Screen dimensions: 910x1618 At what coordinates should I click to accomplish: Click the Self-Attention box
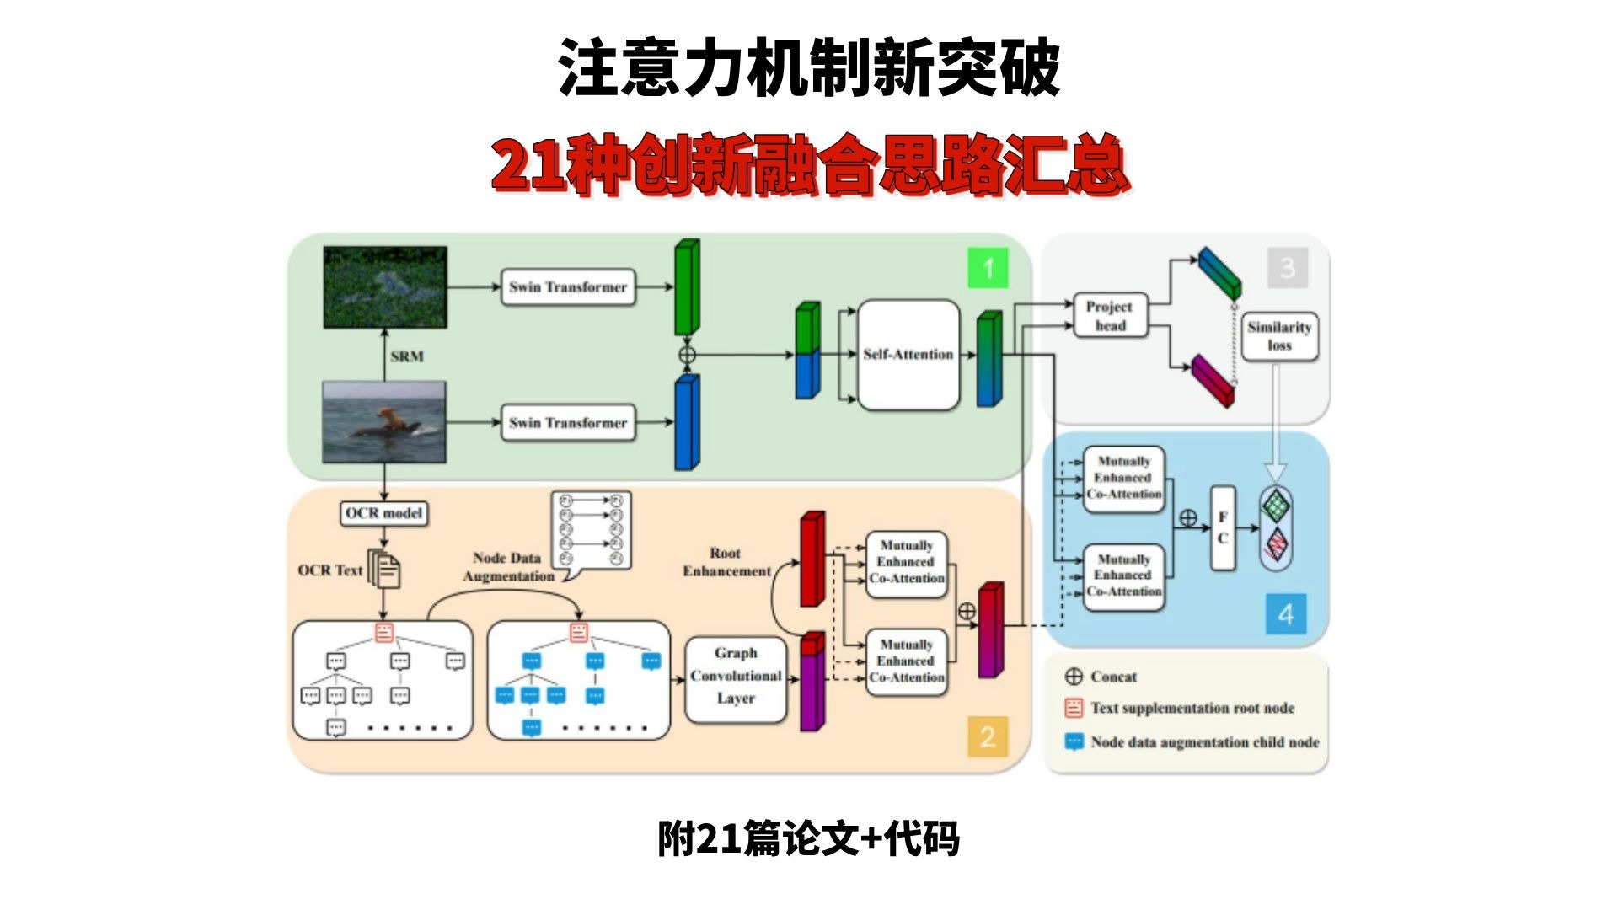tap(908, 355)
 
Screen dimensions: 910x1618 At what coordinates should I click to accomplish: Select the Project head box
tap(1110, 316)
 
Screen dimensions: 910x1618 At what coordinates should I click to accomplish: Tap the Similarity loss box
tap(1279, 336)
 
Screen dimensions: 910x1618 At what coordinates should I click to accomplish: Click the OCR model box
tap(383, 513)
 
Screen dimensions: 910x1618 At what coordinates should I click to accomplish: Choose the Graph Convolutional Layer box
tap(736, 676)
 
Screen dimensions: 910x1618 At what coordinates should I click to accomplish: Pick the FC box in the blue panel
tap(1223, 527)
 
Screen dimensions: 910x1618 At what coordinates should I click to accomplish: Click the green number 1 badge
tap(988, 269)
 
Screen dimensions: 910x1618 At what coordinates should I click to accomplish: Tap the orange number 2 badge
tap(988, 737)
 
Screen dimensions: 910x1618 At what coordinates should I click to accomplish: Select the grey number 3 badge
tap(1287, 268)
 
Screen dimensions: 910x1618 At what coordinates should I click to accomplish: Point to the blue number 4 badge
tap(1285, 613)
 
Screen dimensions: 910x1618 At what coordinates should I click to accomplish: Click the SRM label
tap(407, 356)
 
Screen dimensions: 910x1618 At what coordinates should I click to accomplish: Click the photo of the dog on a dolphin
tap(384, 421)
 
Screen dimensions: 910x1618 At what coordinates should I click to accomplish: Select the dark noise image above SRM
tap(384, 287)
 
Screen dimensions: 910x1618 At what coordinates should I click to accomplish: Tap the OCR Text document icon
tap(385, 570)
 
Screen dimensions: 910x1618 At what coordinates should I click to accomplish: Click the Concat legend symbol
tap(1074, 677)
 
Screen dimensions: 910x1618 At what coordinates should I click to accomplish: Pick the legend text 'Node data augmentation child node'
tap(1204, 742)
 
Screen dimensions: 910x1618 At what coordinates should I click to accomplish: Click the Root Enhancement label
tap(726, 562)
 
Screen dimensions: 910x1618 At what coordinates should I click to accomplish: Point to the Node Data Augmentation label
tap(508, 567)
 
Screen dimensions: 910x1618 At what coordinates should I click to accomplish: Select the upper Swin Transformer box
tap(567, 287)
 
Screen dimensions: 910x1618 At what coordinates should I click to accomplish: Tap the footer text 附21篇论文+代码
tap(808, 839)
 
